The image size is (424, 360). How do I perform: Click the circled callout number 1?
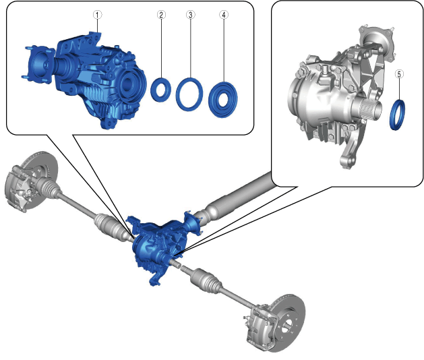pos(97,15)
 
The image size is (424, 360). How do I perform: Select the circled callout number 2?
pos(161,15)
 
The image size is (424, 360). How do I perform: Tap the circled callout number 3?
pos(190,15)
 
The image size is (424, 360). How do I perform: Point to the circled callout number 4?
pos(224,15)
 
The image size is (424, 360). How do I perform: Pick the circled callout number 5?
pos(399,74)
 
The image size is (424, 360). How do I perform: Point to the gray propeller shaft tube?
pos(238,195)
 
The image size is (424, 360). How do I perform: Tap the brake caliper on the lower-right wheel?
pos(258,324)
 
